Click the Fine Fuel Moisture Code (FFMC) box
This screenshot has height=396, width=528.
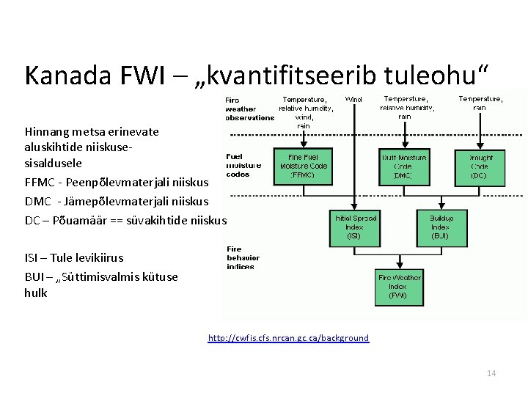(x=304, y=165)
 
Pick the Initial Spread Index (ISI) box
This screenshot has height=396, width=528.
(x=355, y=227)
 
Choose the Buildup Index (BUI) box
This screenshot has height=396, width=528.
(x=441, y=227)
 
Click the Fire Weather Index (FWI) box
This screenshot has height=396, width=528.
(x=399, y=286)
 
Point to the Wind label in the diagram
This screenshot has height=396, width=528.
(x=353, y=99)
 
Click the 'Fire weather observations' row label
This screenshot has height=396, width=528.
(x=249, y=109)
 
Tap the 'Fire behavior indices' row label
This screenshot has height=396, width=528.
(x=243, y=257)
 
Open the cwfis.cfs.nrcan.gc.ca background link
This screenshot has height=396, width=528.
(x=288, y=338)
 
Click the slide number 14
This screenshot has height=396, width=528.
(x=491, y=373)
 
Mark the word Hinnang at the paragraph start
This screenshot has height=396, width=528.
(x=46, y=131)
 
